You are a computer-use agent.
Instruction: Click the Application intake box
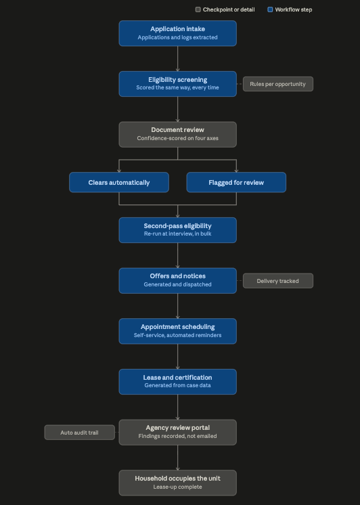click(178, 33)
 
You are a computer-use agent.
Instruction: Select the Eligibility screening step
click(178, 84)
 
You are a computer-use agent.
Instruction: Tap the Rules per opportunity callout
click(278, 84)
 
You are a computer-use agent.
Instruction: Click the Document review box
click(178, 135)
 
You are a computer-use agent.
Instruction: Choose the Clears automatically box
click(119, 182)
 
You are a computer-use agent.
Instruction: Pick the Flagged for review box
click(236, 182)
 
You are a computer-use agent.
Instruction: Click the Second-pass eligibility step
click(178, 230)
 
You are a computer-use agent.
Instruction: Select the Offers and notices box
click(178, 281)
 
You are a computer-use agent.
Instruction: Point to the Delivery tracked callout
click(278, 281)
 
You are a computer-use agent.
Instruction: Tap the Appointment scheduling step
click(178, 332)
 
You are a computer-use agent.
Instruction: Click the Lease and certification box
click(178, 382)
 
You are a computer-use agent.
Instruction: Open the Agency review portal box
click(178, 433)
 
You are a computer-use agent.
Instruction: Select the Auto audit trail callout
click(80, 433)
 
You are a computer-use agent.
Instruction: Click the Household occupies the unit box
click(178, 483)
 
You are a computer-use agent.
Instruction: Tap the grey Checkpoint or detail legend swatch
click(198, 9)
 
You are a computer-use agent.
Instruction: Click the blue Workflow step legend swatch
click(270, 9)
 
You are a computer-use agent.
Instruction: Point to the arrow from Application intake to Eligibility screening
click(178, 59)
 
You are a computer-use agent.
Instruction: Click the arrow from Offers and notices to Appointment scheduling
click(178, 306)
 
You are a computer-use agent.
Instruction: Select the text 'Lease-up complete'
click(178, 487)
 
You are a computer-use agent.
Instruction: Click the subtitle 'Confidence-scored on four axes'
click(178, 138)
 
